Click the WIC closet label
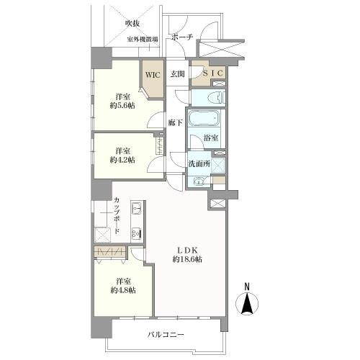point(152,73)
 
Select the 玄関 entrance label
point(178,73)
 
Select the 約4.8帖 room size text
point(123,289)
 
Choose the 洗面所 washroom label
point(199,164)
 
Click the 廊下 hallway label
point(175,123)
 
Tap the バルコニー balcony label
point(167,336)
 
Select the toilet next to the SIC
point(212,96)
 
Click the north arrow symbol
point(247,305)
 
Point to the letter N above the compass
point(247,286)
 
